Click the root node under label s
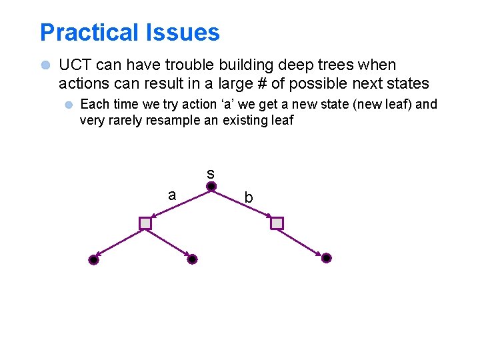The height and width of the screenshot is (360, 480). click(211, 187)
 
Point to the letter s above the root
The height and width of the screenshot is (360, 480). click(211, 173)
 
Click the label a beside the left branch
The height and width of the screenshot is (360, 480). click(172, 195)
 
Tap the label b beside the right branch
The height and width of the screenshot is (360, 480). click(248, 198)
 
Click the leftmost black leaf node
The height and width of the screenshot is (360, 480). click(93, 260)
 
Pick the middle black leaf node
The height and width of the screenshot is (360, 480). click(192, 259)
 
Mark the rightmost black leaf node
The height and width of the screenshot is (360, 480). click(326, 258)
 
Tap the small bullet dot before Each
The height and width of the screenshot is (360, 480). click(68, 105)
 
